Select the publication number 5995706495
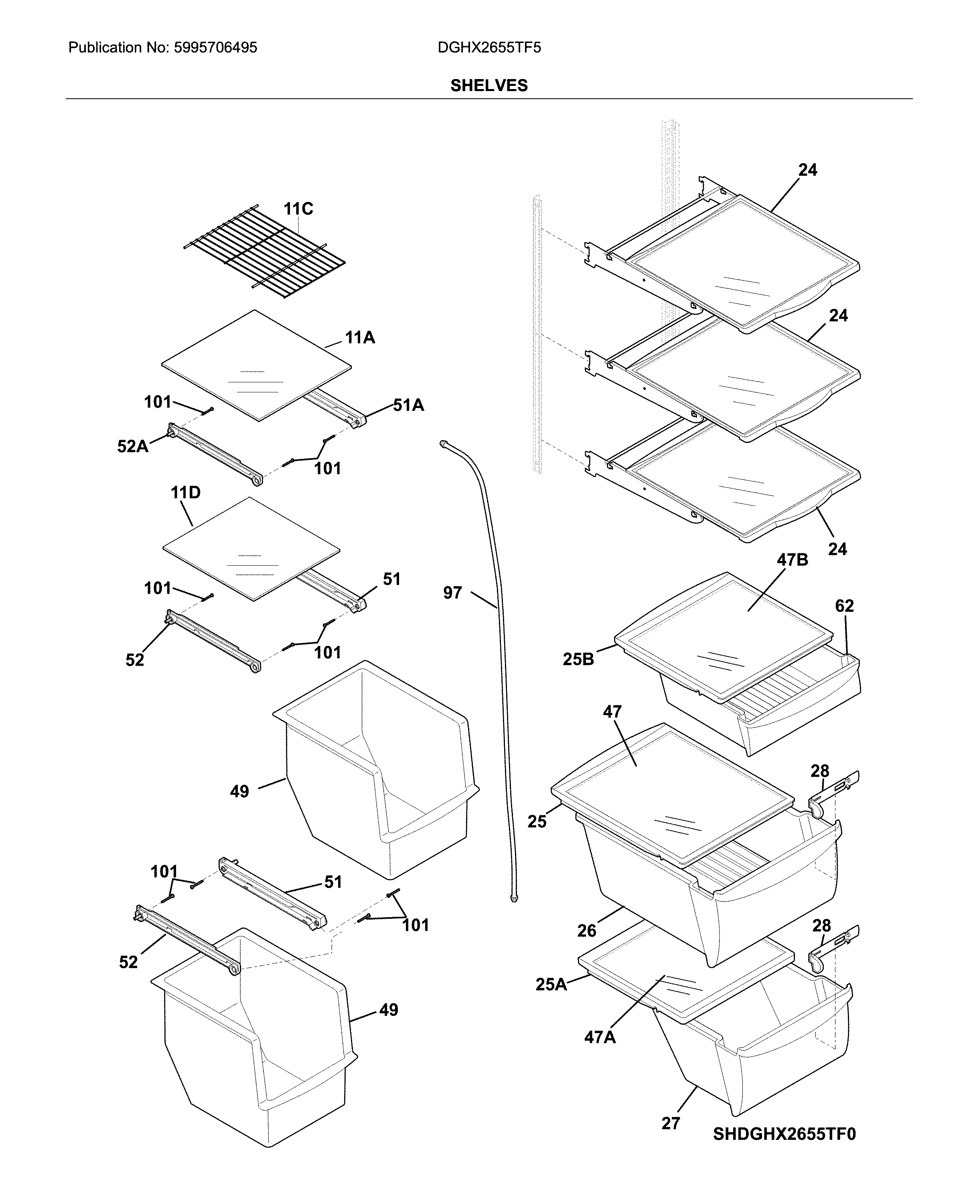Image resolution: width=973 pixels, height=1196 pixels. (215, 48)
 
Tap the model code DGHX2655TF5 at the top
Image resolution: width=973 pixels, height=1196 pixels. (489, 48)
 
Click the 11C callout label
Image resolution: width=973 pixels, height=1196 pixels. (298, 209)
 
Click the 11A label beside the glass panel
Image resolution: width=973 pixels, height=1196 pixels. (360, 337)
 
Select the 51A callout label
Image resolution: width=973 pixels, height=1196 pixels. (408, 405)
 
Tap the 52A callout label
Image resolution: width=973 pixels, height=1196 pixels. (132, 446)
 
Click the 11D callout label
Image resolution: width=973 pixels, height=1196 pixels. (186, 493)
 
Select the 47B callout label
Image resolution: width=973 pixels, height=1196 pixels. (792, 560)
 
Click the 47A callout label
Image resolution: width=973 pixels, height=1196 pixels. (600, 1037)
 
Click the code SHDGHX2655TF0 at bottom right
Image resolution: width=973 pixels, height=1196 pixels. (784, 1134)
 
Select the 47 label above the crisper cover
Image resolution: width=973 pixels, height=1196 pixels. (612, 712)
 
